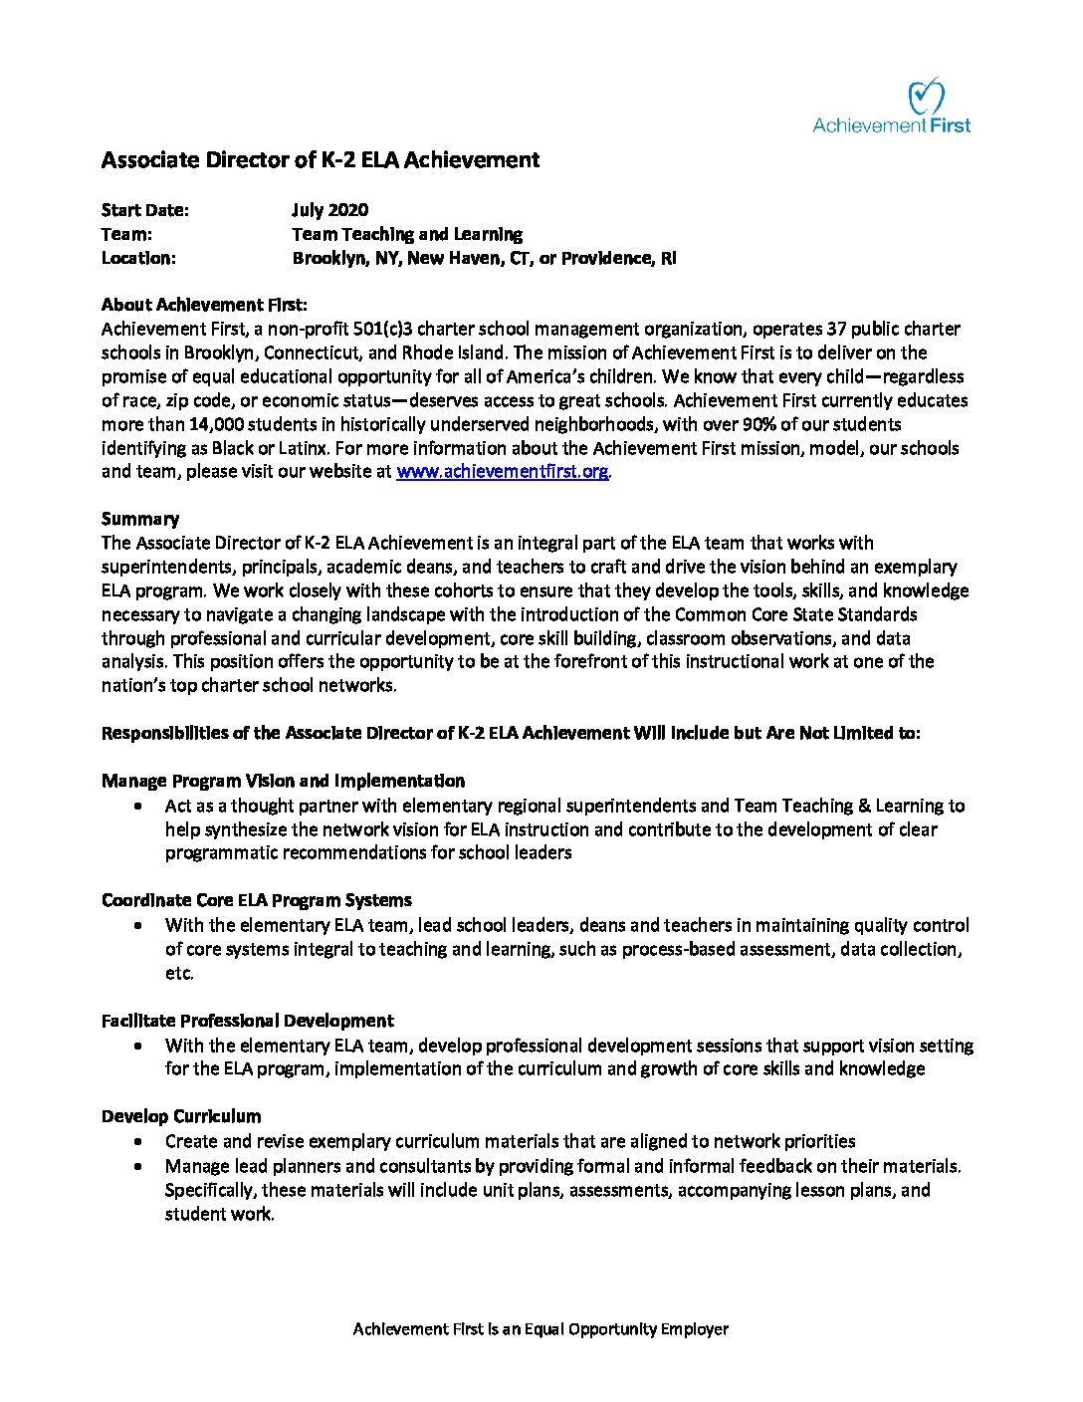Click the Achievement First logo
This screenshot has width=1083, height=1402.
point(892,107)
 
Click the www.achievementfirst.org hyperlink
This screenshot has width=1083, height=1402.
point(502,472)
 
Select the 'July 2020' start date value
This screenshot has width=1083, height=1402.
point(329,210)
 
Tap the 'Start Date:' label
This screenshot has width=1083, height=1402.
point(144,210)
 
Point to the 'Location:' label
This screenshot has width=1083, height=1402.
point(138,258)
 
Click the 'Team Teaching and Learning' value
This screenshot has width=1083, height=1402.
point(406,234)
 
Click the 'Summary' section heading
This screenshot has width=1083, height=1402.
point(140,519)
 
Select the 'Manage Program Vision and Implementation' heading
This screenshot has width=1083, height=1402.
point(283,781)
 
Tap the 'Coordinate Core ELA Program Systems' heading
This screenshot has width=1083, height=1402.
point(257,900)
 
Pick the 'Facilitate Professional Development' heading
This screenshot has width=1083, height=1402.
point(247,1021)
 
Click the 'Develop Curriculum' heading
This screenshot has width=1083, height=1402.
point(181,1116)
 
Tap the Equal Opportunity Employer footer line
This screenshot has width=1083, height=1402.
point(541,1329)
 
